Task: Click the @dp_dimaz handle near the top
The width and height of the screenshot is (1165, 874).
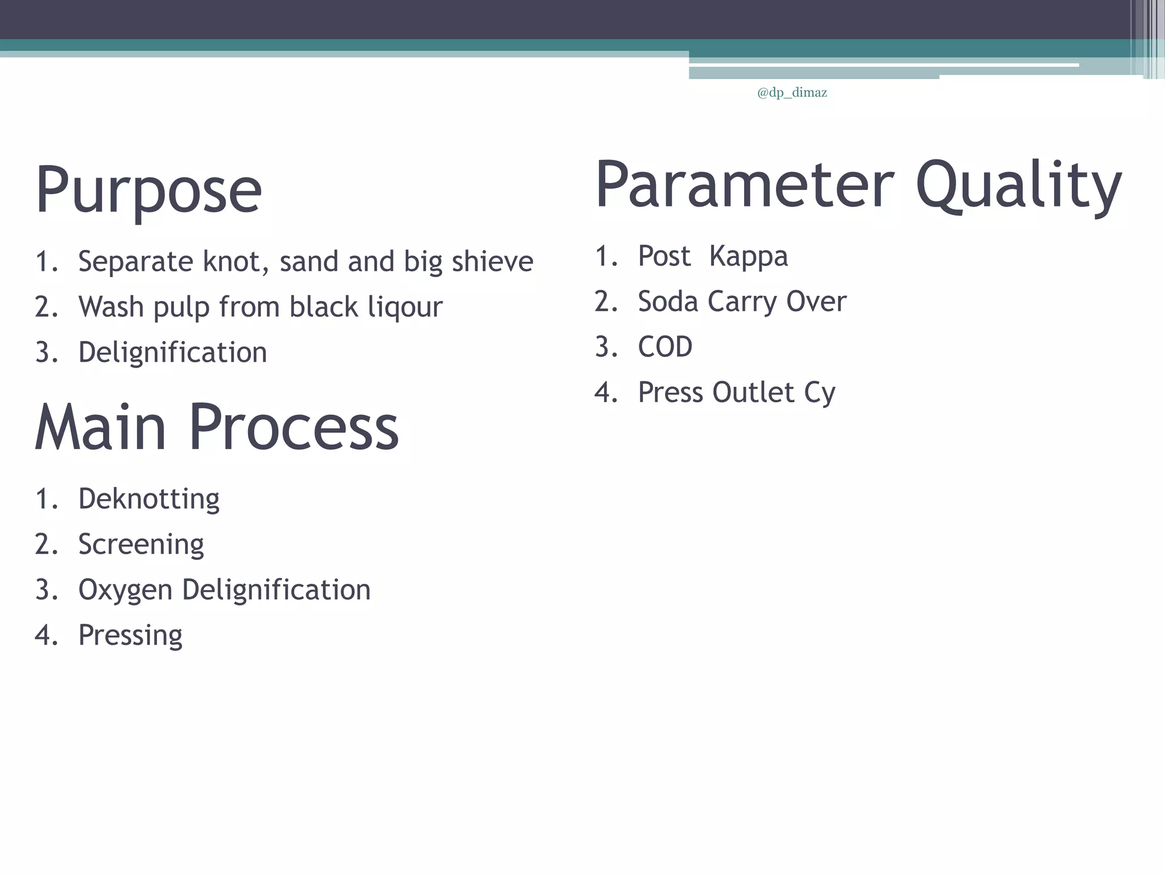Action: click(x=792, y=93)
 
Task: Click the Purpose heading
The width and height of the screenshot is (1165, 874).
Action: click(x=148, y=189)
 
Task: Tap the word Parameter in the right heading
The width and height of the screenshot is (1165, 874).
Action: click(x=745, y=185)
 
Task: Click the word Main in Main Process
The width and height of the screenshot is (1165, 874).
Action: click(x=100, y=427)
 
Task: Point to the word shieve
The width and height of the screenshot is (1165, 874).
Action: click(x=492, y=262)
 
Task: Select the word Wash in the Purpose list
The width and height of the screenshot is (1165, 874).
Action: click(x=111, y=307)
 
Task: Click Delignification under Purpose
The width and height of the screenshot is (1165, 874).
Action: click(x=172, y=352)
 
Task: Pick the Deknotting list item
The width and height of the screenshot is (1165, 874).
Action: click(x=148, y=499)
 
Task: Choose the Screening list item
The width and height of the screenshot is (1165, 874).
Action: click(x=141, y=545)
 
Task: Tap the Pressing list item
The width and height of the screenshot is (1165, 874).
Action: click(x=130, y=636)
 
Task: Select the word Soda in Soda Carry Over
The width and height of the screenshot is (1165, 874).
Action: click(x=667, y=302)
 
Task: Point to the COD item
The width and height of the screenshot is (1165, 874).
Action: click(x=665, y=347)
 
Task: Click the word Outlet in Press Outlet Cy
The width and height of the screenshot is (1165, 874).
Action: click(x=753, y=393)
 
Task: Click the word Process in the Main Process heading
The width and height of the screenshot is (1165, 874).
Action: click(x=294, y=427)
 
